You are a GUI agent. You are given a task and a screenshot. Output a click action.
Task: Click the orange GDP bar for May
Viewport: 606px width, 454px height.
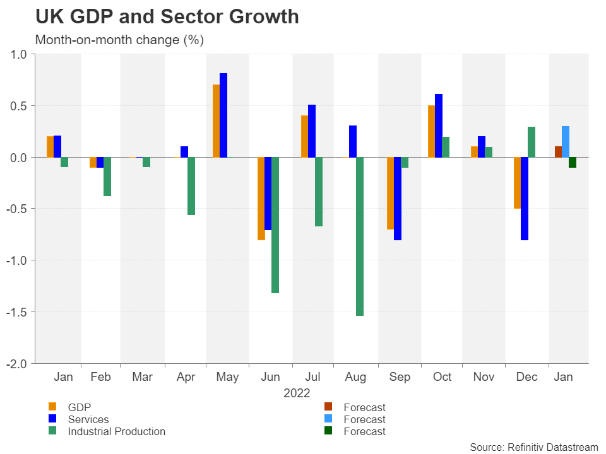pos(216,120)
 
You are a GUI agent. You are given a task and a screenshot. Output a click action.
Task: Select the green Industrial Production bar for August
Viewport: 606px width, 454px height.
pos(360,236)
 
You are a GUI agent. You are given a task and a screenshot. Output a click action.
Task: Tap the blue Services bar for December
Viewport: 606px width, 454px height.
pos(525,199)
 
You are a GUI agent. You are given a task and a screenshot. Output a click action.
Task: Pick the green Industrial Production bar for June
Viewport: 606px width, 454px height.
pos(275,225)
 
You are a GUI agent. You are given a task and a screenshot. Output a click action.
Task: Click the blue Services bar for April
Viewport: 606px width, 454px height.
pos(184,151)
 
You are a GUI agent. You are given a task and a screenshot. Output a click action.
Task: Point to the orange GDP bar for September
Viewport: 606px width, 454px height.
pos(390,193)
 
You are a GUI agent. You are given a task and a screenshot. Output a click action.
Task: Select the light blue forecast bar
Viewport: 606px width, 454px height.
pos(566,142)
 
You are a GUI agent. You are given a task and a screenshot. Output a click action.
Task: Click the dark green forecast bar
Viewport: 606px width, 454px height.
pos(573,163)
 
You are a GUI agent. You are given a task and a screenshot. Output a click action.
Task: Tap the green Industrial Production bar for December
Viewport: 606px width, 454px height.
pos(532,142)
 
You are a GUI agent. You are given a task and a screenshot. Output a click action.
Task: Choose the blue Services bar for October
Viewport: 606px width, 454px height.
pos(439,125)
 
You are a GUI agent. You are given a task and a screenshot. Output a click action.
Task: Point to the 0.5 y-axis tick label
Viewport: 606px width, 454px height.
pos(20,105)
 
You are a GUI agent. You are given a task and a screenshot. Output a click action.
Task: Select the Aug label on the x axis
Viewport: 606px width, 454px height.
pos(356,378)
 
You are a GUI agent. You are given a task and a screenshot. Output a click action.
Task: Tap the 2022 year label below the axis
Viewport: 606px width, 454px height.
pos(297,393)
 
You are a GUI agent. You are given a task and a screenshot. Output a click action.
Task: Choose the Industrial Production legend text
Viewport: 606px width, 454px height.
pos(116,432)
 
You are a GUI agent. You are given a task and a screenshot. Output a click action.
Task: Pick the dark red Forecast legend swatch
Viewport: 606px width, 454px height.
pos(328,407)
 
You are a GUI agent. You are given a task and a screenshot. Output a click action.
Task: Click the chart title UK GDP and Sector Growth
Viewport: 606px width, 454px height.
pos(167,17)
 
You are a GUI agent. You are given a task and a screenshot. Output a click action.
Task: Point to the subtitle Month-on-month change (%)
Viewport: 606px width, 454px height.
pos(119,40)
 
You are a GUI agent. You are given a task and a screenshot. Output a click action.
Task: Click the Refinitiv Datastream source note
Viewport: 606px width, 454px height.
pos(533,446)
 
